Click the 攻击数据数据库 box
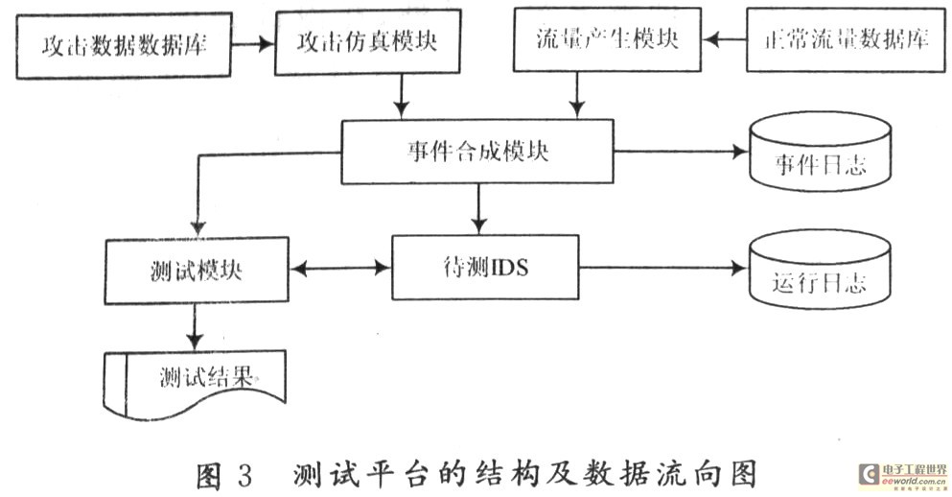124,44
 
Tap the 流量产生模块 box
607,40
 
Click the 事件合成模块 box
476,152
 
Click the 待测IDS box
486,268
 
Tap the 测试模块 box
197,270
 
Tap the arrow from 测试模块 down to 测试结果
197,326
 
